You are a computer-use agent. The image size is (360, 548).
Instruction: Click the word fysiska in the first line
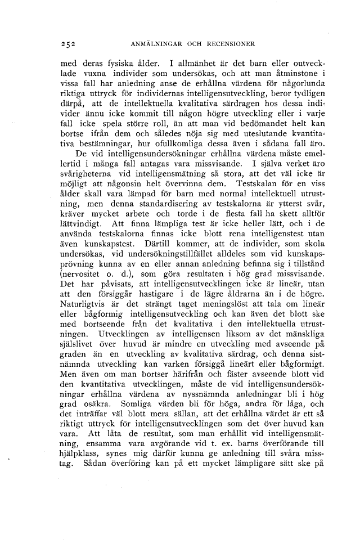coord(118,62)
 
